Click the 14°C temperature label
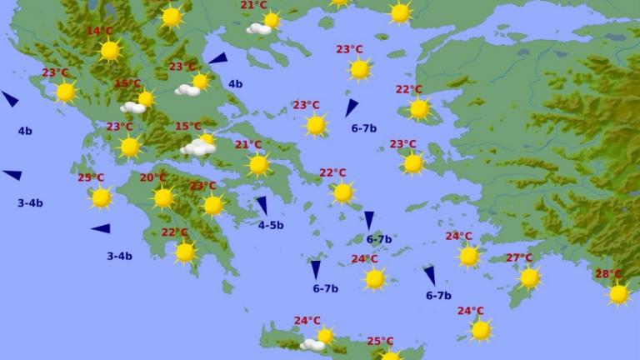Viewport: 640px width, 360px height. (99, 32)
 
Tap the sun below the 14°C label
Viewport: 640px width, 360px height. (110, 51)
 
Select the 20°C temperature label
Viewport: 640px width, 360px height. (152, 177)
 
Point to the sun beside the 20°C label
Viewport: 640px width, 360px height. (163, 197)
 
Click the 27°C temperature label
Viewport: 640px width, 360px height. (519, 258)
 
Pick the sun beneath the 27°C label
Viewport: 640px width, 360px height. (529, 277)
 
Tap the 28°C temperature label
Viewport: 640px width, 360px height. (608, 274)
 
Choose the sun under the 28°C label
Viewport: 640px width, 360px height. (618, 293)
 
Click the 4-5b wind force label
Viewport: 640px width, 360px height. (271, 225)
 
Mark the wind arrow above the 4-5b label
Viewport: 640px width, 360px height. (262, 205)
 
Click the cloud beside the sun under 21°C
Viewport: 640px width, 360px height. (259, 29)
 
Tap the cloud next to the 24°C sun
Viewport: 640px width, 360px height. (312, 344)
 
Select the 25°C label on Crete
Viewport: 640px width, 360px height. (380, 342)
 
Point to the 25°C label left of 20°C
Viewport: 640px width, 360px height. (91, 178)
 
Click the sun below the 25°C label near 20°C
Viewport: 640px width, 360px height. (101, 197)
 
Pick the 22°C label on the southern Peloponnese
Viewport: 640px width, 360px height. (174, 232)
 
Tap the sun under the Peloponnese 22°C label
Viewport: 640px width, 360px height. (185, 252)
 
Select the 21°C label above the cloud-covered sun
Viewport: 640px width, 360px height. (253, 5)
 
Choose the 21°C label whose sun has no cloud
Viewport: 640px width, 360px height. (247, 145)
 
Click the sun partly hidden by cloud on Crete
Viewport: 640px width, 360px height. (325, 336)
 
